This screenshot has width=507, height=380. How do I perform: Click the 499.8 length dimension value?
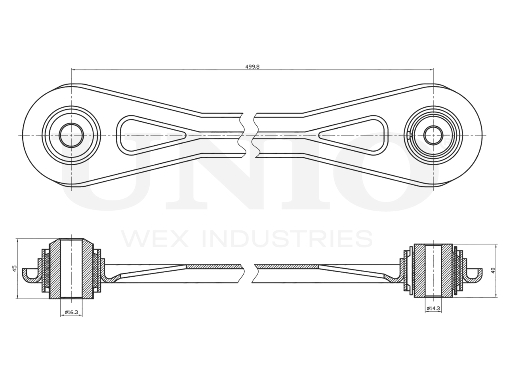[252, 66]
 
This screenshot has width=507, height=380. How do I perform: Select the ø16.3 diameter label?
[71, 313]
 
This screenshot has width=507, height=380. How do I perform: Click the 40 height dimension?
[493, 271]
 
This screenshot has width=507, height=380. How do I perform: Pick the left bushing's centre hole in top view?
[71, 135]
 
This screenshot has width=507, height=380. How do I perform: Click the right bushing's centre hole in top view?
[433, 135]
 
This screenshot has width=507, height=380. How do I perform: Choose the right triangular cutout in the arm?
[356, 135]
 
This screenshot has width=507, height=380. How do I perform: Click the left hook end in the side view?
[30, 275]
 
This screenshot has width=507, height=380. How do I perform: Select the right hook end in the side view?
[475, 275]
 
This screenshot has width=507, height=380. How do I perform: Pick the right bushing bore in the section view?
[433, 271]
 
